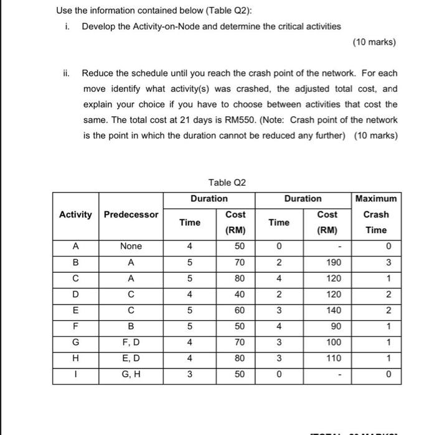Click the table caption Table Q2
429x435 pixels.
tap(227, 182)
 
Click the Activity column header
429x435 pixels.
tap(75, 214)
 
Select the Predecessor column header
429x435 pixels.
tap(131, 214)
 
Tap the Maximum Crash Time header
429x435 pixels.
tap(375, 214)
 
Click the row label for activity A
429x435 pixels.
tap(75, 247)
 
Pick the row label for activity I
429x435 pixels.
tap(75, 374)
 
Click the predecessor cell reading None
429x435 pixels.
tap(131, 247)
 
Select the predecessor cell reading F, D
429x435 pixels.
tap(131, 342)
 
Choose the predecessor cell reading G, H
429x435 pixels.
tap(131, 374)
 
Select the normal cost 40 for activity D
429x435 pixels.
tap(239, 295)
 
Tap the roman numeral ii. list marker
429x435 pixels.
tap(68, 73)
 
